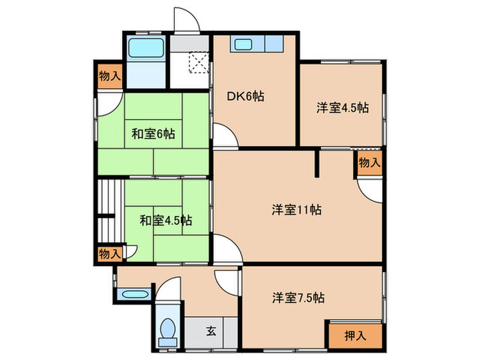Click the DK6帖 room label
(x=245, y=97)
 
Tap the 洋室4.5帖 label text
(x=342, y=108)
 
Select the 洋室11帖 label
(x=297, y=210)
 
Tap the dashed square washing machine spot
(x=198, y=63)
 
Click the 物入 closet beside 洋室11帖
(x=370, y=163)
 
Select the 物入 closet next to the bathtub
(x=110, y=75)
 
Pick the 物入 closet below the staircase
(x=110, y=254)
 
